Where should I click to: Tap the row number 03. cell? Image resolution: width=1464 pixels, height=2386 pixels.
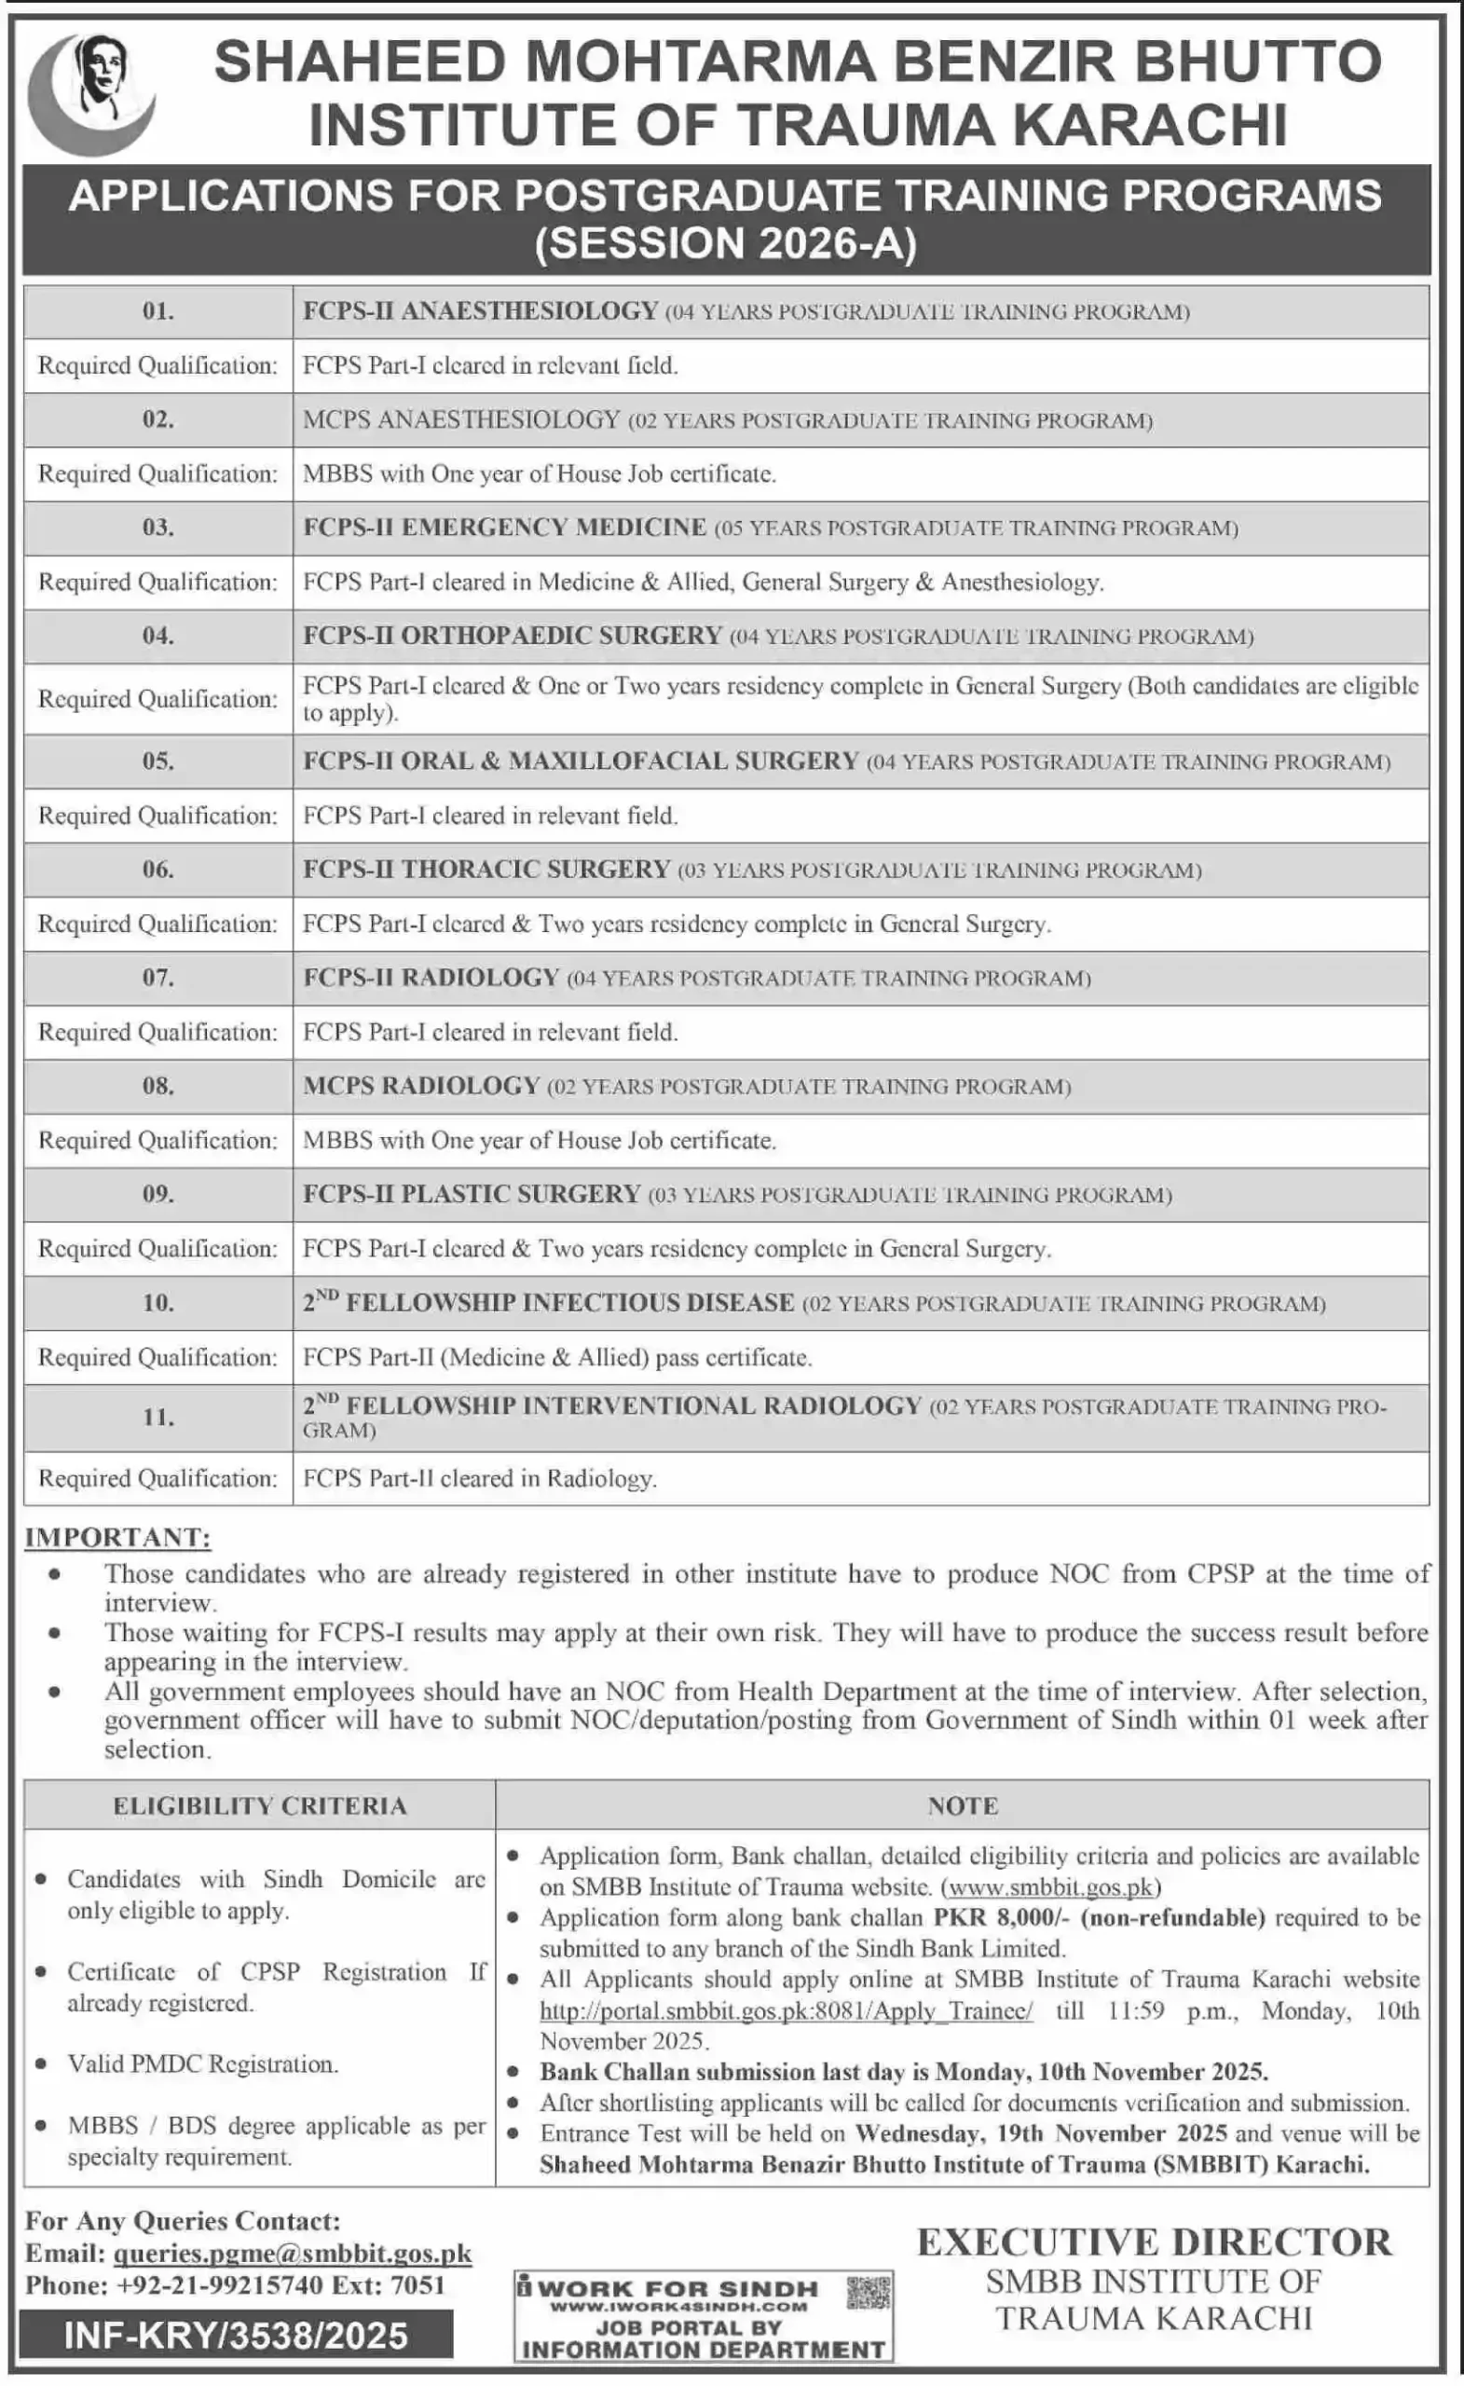point(157,528)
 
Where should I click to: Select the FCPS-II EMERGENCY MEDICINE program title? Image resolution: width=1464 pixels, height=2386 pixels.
point(504,528)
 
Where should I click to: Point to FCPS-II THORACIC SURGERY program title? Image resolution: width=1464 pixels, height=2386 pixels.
point(486,870)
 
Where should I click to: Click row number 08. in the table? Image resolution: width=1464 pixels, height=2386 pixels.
point(157,1086)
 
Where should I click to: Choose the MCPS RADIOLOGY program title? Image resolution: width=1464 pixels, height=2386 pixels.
point(421,1086)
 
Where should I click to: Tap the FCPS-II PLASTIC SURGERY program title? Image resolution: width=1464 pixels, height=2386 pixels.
point(472,1194)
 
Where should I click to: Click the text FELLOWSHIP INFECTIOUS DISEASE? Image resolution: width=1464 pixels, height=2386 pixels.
point(569,1302)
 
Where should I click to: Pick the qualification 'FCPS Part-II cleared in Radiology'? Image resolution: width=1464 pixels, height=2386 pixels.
point(479,1478)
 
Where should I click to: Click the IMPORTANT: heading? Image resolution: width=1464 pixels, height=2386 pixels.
point(117,1538)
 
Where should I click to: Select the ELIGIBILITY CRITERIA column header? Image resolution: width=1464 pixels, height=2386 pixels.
point(259,1806)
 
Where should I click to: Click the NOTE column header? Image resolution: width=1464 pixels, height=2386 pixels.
point(963,1806)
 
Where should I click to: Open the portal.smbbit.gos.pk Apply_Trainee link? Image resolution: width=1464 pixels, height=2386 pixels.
point(787,2011)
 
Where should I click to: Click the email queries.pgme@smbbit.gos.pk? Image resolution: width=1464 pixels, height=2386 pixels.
point(293,2255)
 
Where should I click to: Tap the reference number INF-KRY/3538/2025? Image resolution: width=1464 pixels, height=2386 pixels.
point(235,2336)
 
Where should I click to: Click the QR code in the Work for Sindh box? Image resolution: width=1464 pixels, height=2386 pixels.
point(868,2293)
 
